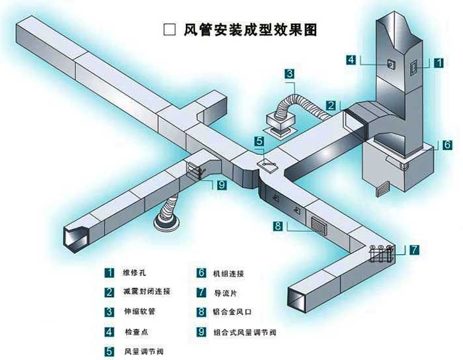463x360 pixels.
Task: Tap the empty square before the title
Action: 169,30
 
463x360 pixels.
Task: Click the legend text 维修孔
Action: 135,272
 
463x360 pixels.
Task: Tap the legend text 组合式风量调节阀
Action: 244,332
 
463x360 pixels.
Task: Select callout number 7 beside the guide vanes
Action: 414,250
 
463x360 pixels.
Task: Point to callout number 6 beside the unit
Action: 447,144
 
